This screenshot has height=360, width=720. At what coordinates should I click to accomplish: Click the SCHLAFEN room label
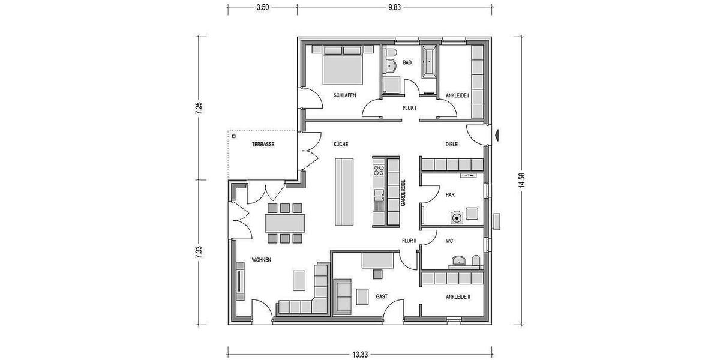point(346,95)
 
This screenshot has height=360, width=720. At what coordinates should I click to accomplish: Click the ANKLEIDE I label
point(457,95)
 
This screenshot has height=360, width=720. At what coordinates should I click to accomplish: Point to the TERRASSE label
point(263,145)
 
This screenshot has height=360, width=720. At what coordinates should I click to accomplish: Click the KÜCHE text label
point(341,145)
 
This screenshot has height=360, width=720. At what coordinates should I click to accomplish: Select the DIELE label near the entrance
point(452,145)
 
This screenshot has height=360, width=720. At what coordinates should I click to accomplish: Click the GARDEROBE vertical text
point(404,193)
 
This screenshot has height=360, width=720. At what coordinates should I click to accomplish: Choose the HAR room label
point(449,194)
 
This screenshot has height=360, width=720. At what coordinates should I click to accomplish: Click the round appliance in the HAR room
point(458,217)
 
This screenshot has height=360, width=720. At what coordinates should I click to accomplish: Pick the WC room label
point(449,242)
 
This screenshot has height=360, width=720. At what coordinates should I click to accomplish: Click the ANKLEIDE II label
point(458,296)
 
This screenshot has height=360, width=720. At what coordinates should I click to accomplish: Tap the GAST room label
point(382,296)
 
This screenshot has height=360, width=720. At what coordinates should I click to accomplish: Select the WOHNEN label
point(262,260)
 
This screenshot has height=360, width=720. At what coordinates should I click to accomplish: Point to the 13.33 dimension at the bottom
point(360,354)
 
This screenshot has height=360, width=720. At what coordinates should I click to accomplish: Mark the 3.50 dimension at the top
point(262,7)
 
